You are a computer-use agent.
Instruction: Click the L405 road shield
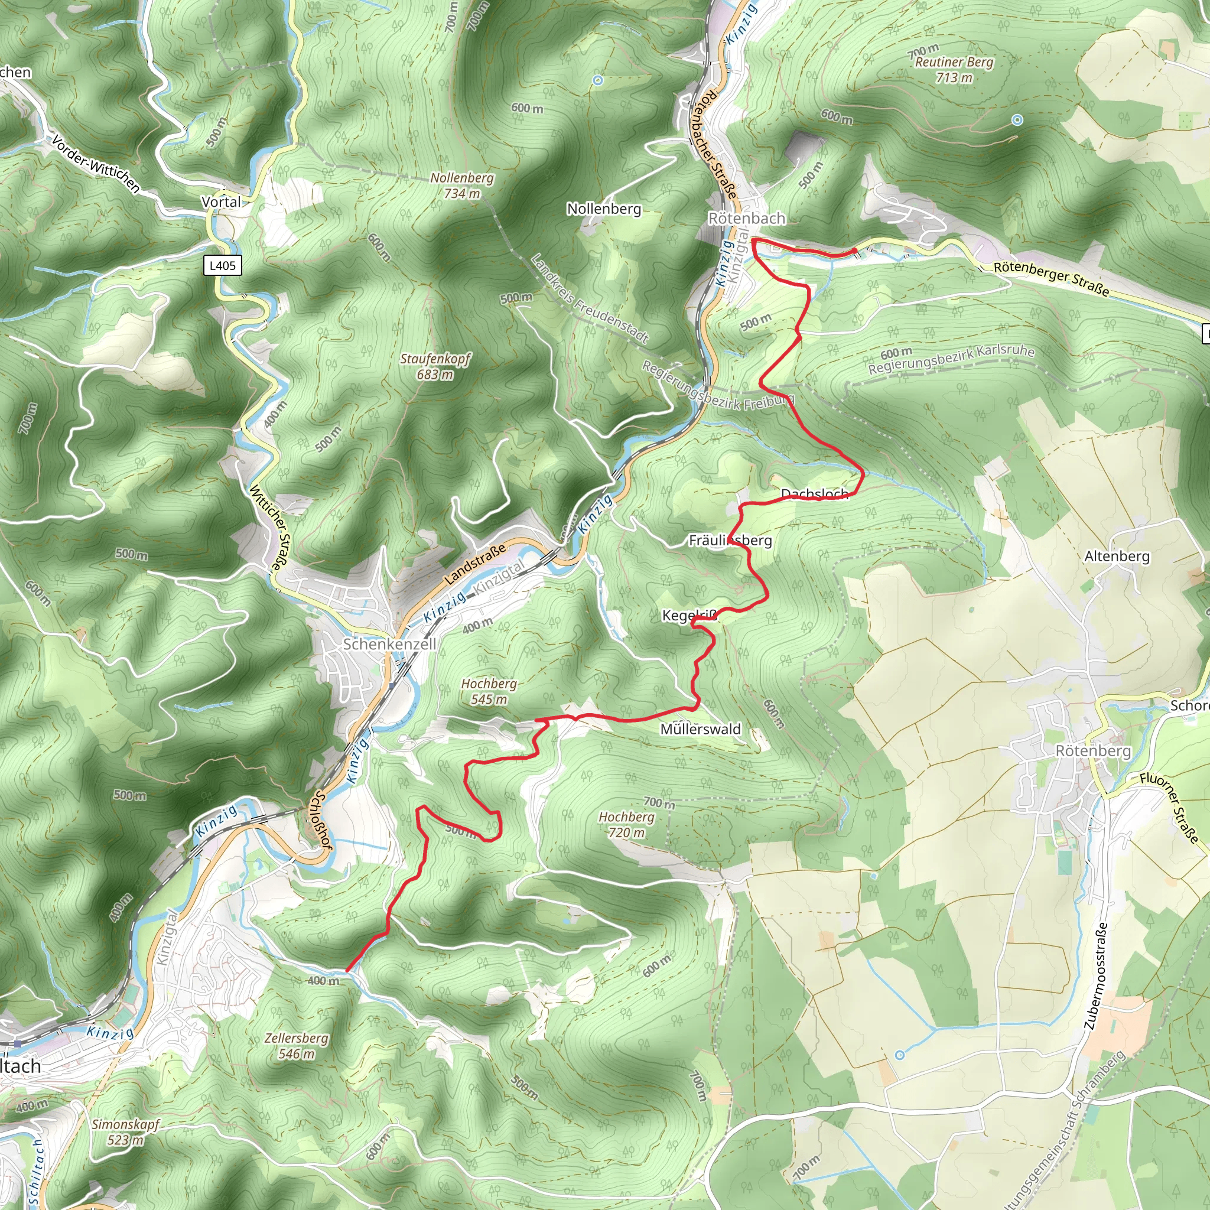pyautogui.click(x=222, y=265)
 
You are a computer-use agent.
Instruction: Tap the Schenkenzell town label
pyautogui.click(x=389, y=644)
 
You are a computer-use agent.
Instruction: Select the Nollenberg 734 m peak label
pyautogui.click(x=462, y=186)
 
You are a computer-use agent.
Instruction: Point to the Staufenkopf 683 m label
pyautogui.click(x=435, y=366)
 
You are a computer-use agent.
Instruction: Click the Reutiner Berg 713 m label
pyautogui.click(x=954, y=70)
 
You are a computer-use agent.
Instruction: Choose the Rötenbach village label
pyautogui.click(x=747, y=218)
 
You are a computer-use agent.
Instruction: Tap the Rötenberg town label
pyautogui.click(x=1093, y=751)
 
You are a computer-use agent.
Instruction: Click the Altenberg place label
pyautogui.click(x=1117, y=556)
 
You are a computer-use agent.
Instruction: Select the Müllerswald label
pyautogui.click(x=700, y=729)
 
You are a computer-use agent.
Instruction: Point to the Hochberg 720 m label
pyautogui.click(x=626, y=824)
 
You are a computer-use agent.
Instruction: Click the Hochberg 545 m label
pyautogui.click(x=489, y=691)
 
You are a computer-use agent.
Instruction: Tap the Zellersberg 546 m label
pyautogui.click(x=296, y=1046)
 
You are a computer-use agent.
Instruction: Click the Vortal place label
pyautogui.click(x=220, y=201)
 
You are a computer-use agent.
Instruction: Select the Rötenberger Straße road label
pyautogui.click(x=1052, y=279)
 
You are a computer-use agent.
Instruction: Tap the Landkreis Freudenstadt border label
pyautogui.click(x=588, y=300)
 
